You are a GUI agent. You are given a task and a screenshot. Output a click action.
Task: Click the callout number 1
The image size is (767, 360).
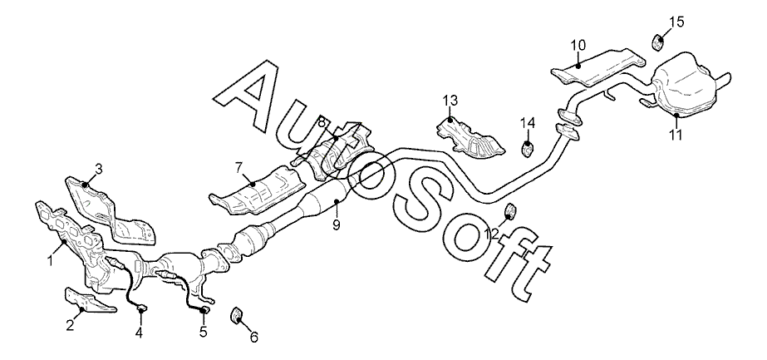tap(50, 260)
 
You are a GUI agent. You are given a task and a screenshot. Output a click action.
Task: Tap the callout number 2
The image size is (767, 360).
tap(71, 325)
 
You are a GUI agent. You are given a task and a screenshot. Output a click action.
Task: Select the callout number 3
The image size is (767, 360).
tap(98, 170)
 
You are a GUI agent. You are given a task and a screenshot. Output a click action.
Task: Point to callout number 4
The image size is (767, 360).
tap(139, 333)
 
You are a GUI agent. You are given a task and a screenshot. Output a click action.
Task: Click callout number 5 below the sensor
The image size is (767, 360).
tap(203, 334)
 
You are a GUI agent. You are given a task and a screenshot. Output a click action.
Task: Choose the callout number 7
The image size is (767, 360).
tap(238, 167)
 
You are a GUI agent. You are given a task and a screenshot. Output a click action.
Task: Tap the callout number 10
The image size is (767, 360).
tap(578, 43)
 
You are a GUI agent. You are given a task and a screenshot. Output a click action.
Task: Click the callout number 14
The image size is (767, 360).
tap(527, 124)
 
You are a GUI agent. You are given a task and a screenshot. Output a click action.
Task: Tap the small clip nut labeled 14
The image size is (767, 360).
tap(527, 150)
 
